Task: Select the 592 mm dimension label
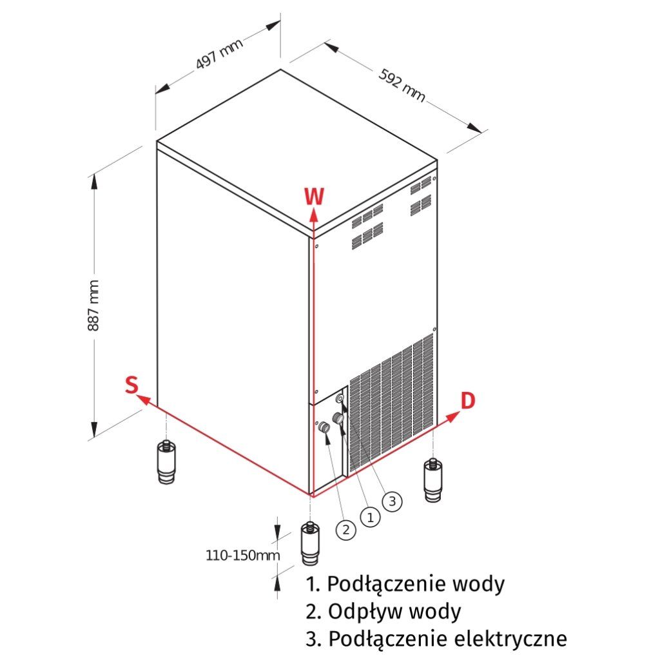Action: (402, 85)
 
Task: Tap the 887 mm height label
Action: (93, 305)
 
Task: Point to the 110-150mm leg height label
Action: (236, 554)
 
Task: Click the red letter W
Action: (314, 196)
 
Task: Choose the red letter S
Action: (131, 385)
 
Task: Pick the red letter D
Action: (468, 400)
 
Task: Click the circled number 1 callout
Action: (369, 516)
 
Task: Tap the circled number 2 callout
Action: (346, 530)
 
